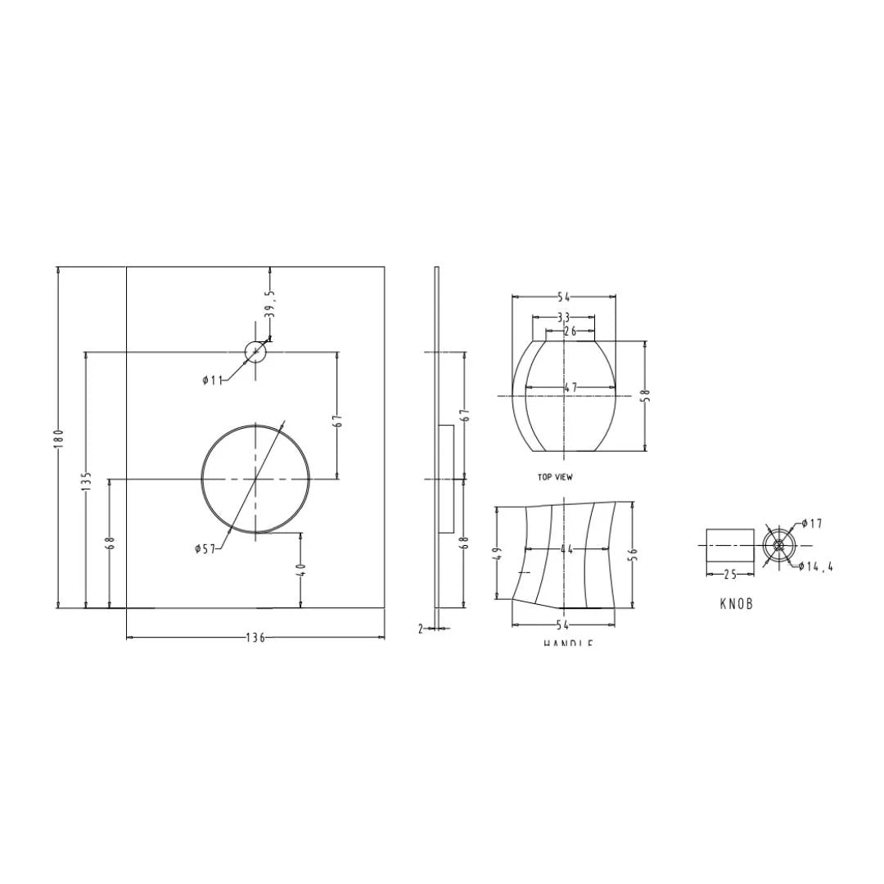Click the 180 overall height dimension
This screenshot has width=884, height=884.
click(x=58, y=438)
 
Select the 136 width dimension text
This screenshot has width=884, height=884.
click(x=255, y=638)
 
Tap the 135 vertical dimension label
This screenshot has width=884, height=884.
click(x=86, y=479)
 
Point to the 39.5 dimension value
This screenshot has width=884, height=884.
click(x=270, y=304)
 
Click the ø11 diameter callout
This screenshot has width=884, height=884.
click(x=212, y=381)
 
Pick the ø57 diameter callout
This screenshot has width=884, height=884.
click(x=205, y=549)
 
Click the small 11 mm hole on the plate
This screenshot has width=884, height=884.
click(x=255, y=353)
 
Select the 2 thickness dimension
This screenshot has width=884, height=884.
click(x=421, y=629)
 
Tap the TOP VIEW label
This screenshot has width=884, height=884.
click(x=555, y=477)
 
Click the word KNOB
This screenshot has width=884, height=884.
click(x=736, y=604)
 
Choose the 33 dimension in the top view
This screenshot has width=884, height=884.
click(x=563, y=318)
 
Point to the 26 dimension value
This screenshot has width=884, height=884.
click(x=570, y=331)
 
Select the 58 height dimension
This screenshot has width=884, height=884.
click(x=645, y=395)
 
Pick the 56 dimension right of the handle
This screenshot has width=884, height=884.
click(x=633, y=555)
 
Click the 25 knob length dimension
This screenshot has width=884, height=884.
click(x=729, y=575)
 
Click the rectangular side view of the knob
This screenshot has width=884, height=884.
click(x=729, y=545)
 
